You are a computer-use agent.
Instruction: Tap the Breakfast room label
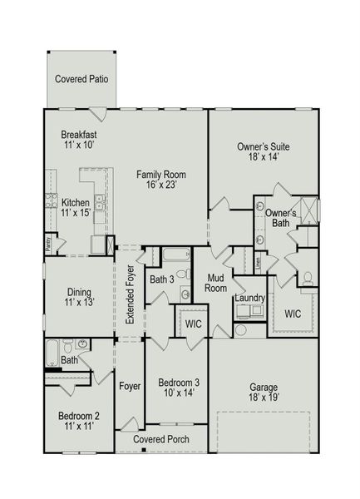pos(79,139)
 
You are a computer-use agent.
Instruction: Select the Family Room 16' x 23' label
pos(161,180)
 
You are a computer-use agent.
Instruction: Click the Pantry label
pos(49,245)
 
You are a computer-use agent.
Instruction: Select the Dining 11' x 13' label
pos(79,297)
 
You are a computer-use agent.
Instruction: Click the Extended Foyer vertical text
pos(130,296)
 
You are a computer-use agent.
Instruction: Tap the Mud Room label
pos(217,283)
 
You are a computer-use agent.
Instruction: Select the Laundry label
pos(249,298)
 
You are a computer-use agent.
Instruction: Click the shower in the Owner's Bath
pos(305,210)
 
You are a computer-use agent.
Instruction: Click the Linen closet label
pos(259,261)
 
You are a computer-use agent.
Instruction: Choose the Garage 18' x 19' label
pos(264,393)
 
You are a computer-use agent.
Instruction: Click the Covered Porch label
pos(161,439)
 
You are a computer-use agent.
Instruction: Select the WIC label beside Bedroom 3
pos(193,322)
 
